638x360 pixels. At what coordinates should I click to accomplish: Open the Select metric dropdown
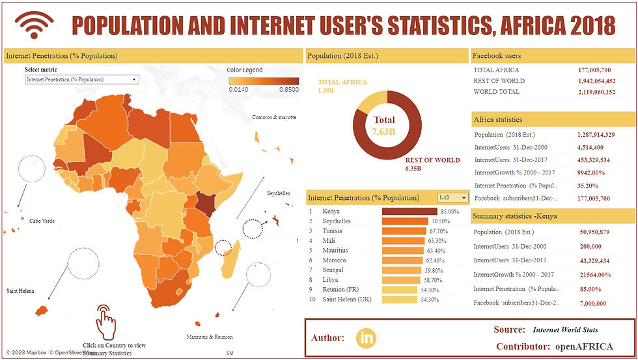point(81,79)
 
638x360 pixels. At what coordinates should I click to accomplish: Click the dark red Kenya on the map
point(206,207)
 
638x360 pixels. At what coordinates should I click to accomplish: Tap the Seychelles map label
point(279,193)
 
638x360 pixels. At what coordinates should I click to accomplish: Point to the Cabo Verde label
point(41,221)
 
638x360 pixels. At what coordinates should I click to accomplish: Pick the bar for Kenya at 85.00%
point(409,212)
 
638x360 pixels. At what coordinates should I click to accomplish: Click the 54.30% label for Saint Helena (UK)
point(430,299)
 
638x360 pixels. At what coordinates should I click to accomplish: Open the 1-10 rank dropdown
point(453,197)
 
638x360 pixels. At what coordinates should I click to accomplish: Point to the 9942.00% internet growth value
point(591,173)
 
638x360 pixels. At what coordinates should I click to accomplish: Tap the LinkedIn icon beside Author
point(367,337)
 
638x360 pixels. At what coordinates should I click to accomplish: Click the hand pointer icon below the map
point(106,319)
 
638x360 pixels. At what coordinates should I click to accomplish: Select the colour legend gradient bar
point(255,81)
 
